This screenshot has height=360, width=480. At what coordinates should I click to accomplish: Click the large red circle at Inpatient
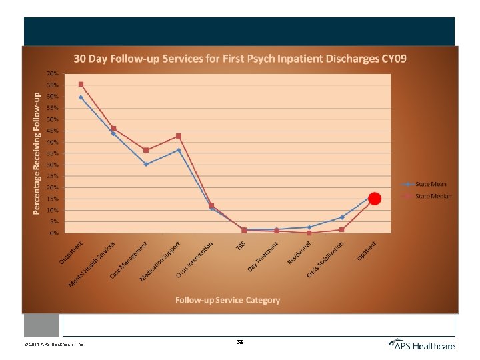pyautogui.click(x=375, y=199)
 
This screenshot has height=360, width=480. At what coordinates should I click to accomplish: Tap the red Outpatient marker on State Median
pyautogui.click(x=81, y=85)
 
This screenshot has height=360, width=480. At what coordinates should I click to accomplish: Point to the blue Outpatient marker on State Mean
pyautogui.click(x=81, y=97)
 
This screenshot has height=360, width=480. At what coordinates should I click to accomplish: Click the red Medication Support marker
pyautogui.click(x=178, y=136)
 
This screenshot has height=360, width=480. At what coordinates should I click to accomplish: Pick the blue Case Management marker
pyautogui.click(x=146, y=164)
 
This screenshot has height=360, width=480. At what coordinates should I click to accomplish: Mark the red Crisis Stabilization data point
pyautogui.click(x=341, y=230)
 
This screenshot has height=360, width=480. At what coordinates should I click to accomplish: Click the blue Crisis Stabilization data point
pyautogui.click(x=341, y=217)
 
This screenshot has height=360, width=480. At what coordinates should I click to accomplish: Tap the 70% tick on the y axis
pyautogui.click(x=51, y=73)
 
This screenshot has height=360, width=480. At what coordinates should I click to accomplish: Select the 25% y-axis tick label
pyautogui.click(x=51, y=176)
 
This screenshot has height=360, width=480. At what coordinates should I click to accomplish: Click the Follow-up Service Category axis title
pyautogui.click(x=227, y=300)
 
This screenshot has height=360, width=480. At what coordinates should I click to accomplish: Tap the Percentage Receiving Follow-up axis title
pyautogui.click(x=37, y=153)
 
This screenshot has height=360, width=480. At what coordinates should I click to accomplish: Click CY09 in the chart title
pyautogui.click(x=393, y=59)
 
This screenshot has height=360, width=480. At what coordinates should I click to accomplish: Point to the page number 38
pyautogui.click(x=240, y=342)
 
